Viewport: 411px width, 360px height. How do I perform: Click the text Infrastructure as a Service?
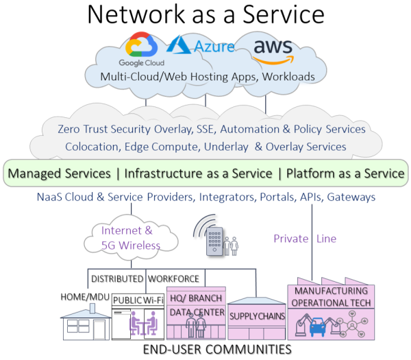(198, 173)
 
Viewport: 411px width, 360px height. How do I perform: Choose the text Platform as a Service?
(345, 173)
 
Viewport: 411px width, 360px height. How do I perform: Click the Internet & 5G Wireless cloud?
(131, 237)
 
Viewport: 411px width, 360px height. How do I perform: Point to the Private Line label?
(305, 239)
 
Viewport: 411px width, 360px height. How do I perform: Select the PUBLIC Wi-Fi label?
(139, 300)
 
